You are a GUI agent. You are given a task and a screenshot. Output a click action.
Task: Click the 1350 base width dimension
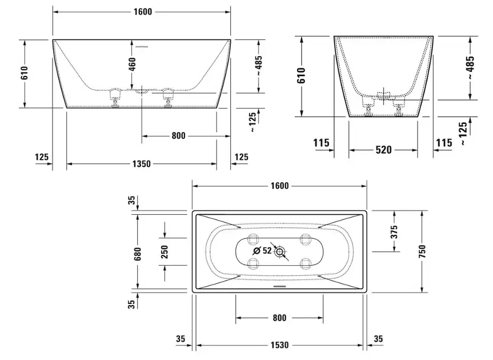[142, 164]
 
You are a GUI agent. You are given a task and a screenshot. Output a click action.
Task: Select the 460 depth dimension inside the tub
[132, 64]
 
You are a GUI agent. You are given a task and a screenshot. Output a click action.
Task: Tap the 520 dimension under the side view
[383, 150]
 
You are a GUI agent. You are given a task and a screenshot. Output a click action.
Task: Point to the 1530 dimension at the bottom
[279, 345]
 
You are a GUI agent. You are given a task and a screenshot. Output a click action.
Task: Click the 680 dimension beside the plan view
[138, 254]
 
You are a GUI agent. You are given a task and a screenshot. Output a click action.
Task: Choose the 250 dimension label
[165, 251]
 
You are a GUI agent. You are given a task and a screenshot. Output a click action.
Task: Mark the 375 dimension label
[394, 232]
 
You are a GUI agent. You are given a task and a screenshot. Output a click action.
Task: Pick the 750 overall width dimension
[422, 251]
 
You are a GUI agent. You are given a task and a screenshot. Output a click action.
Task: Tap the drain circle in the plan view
[279, 251]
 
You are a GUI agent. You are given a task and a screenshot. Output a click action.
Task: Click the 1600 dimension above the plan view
[279, 186]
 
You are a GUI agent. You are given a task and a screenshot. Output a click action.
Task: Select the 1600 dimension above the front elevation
[143, 11]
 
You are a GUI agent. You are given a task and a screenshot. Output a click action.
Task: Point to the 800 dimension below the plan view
[279, 318]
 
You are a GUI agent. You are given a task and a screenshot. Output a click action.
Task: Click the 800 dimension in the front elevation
[178, 136]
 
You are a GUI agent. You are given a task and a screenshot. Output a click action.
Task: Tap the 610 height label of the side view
[301, 75]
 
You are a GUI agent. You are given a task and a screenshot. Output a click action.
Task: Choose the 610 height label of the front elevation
[25, 73]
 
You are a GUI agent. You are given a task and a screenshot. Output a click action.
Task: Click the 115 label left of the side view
[321, 143]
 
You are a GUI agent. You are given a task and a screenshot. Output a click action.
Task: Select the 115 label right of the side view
[444, 143]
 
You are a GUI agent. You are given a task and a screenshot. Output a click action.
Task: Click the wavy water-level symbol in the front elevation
[142, 47]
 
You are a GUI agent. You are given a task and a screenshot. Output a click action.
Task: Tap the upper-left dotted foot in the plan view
[253, 239]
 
